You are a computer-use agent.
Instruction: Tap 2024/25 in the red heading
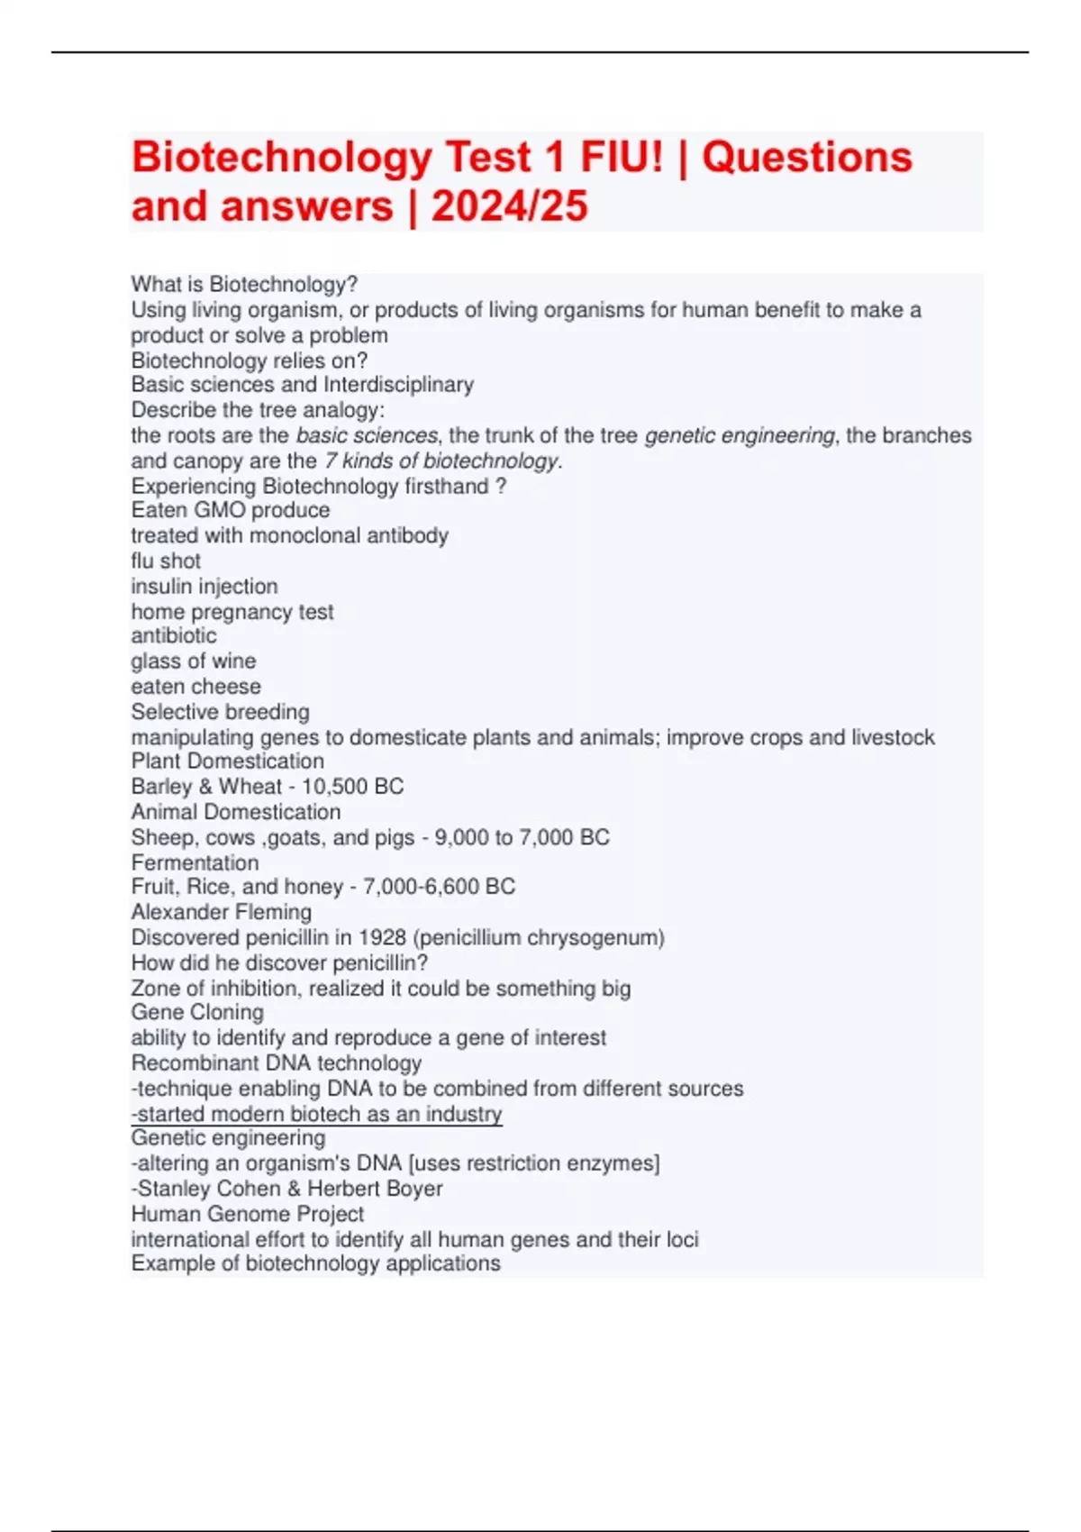[509, 206]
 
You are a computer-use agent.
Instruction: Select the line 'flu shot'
[166, 561]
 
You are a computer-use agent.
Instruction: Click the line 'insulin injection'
[204, 586]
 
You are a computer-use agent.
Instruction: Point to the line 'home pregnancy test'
[232, 612]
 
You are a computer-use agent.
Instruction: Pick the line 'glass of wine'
[194, 661]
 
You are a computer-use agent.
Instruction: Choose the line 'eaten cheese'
[195, 686]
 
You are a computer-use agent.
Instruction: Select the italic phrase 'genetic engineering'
[740, 435]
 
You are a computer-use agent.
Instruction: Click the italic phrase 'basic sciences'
[367, 435]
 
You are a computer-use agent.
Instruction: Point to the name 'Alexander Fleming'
[222, 912]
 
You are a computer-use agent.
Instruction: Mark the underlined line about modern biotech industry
[316, 1114]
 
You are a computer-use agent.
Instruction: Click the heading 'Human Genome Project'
[248, 1214]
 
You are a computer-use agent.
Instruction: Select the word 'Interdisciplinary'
[398, 385]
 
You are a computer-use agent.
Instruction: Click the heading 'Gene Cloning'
[197, 1012]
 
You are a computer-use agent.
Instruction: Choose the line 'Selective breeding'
[220, 711]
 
